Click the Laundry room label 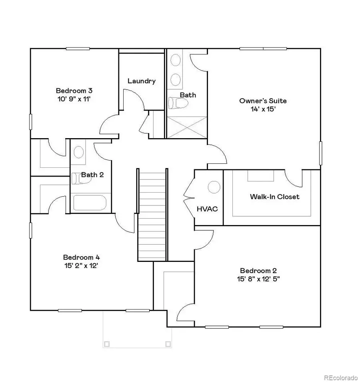[x=141, y=81]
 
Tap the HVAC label [x=207, y=209]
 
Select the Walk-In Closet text [x=274, y=197]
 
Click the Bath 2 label [x=92, y=175]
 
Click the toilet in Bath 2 [x=79, y=178]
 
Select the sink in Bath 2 [x=79, y=152]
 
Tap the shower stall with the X [x=186, y=128]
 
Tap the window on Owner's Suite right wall [x=320, y=153]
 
